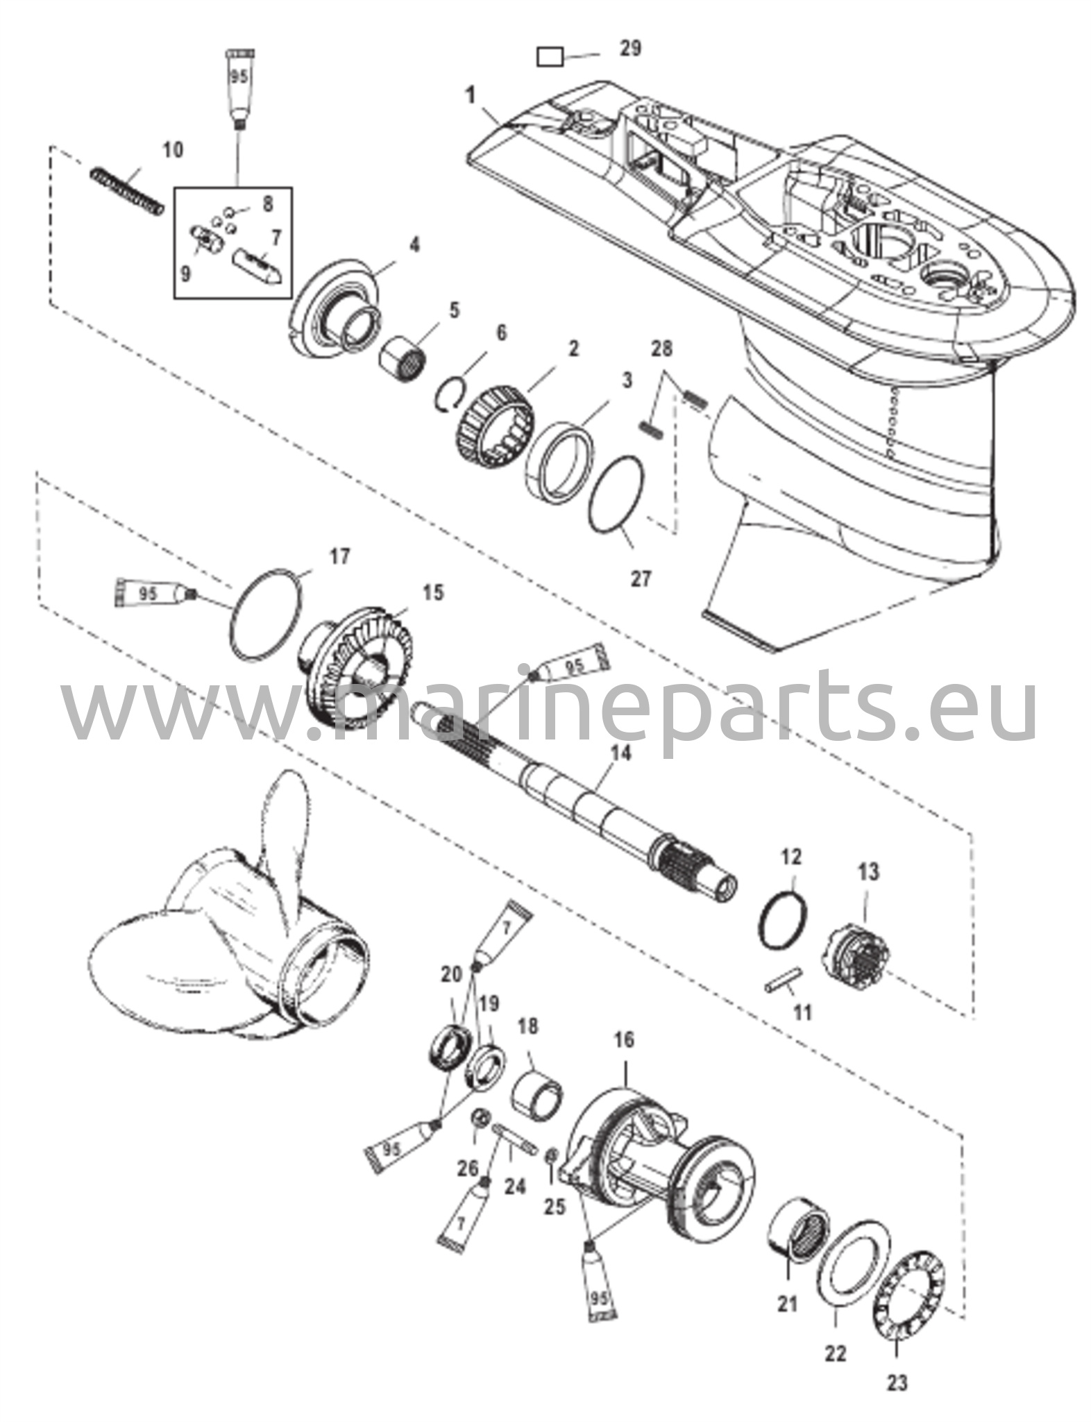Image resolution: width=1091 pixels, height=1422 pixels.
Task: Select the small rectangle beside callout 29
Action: coord(550,56)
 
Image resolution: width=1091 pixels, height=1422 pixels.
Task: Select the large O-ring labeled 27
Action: coord(617,494)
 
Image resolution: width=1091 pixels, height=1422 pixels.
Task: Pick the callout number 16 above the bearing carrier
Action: coord(623,1039)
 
